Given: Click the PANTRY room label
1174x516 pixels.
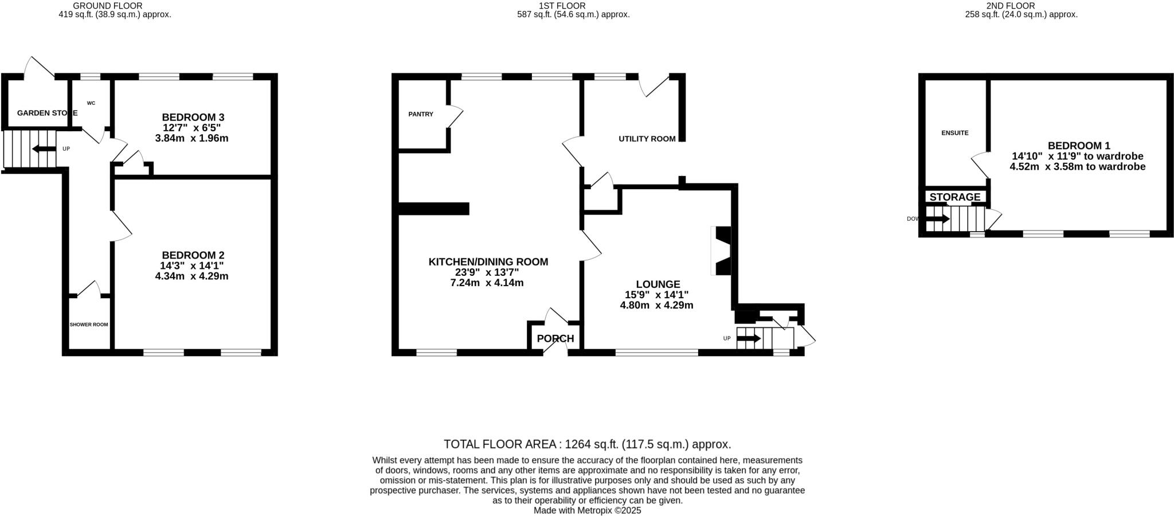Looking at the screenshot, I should pos(421,114).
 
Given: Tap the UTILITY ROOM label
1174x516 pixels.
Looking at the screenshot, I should pos(647,139).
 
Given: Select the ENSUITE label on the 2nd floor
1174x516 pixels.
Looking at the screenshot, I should pos(954,133).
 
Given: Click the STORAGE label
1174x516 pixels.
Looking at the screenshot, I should pos(954,197).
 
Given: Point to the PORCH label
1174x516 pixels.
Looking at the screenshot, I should pos(555,338).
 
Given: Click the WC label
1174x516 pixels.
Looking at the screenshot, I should pos(91,103).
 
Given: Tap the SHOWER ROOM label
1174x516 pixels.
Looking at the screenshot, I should pos(89,325).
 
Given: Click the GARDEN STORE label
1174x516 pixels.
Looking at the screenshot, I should pos(47,113).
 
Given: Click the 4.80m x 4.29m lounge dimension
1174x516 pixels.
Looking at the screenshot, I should pos(656,305).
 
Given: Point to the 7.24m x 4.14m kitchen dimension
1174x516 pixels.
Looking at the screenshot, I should pos(487,283).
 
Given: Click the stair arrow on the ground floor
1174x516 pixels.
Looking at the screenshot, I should pos(44,149).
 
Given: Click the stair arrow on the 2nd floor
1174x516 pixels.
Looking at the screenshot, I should pos(938,218).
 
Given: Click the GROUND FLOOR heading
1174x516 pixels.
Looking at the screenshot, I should pos(107,6).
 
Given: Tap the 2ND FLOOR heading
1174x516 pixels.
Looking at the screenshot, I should pos(1018,6).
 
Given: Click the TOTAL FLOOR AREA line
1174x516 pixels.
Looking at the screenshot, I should pos(587,444).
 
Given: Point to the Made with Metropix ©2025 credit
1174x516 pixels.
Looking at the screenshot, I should pos(587,510).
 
